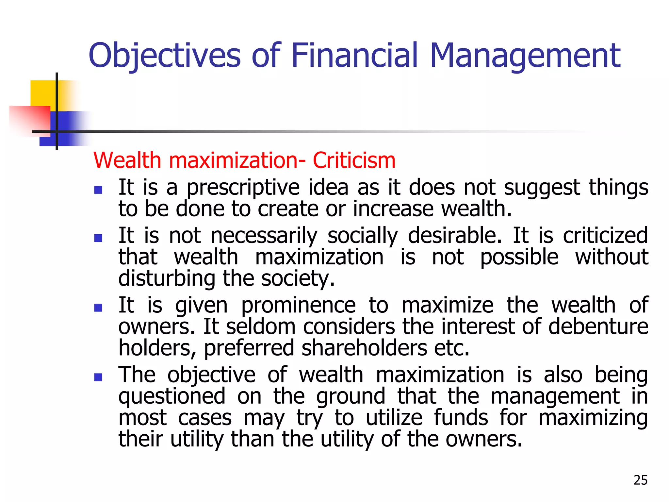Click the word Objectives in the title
click(164, 56)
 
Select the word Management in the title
click(525, 56)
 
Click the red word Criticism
click(354, 160)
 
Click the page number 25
click(640, 480)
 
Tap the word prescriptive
click(243, 188)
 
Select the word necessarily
click(264, 236)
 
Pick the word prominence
click(298, 305)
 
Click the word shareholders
click(364, 348)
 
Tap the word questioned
click(172, 396)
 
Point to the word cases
click(205, 418)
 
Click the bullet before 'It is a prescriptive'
click(98, 190)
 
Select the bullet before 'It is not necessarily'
click(98, 238)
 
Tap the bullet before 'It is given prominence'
click(98, 308)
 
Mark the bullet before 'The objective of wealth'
click(98, 377)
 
